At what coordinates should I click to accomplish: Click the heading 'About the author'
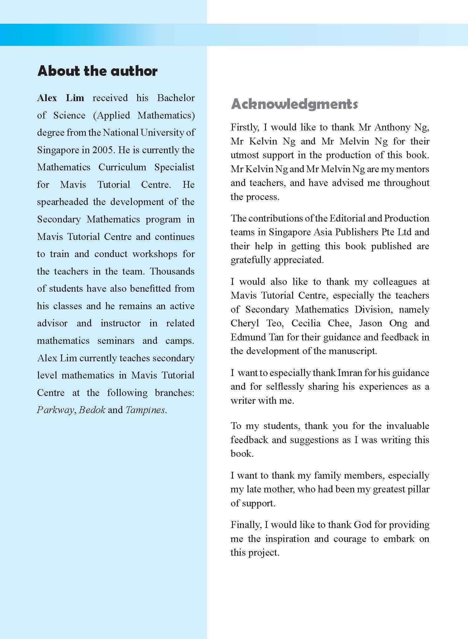[97, 71]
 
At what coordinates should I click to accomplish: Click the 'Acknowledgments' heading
[294, 104]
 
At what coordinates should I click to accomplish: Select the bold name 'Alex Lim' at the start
[60, 98]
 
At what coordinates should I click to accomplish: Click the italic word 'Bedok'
[92, 410]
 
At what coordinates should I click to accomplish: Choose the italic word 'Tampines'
[145, 410]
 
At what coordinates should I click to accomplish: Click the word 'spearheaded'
[63, 202]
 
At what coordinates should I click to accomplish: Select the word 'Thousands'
[172, 271]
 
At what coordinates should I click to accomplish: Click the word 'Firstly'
[244, 127]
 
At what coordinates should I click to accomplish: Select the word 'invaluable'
[408, 426]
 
